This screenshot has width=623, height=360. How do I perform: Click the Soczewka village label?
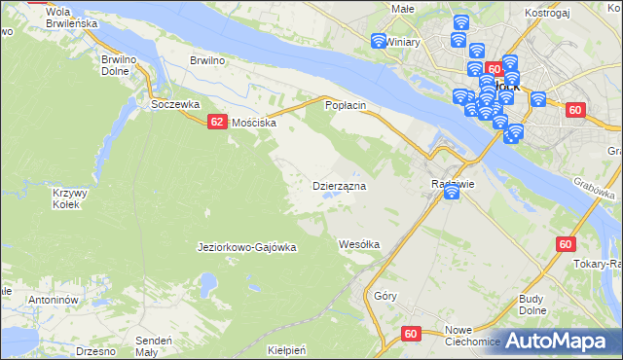(175, 103)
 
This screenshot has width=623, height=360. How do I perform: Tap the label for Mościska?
(253, 124)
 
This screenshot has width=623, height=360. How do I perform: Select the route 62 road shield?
(217, 123)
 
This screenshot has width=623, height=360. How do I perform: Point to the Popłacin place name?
(345, 104)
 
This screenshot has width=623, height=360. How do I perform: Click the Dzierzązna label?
(338, 185)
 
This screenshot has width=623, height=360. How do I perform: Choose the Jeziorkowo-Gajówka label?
(246, 247)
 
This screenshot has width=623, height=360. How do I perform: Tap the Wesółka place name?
(358, 243)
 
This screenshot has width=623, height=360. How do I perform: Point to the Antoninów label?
(53, 300)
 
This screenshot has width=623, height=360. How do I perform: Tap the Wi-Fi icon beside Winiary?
(380, 41)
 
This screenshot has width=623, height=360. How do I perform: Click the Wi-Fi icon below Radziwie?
(452, 194)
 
